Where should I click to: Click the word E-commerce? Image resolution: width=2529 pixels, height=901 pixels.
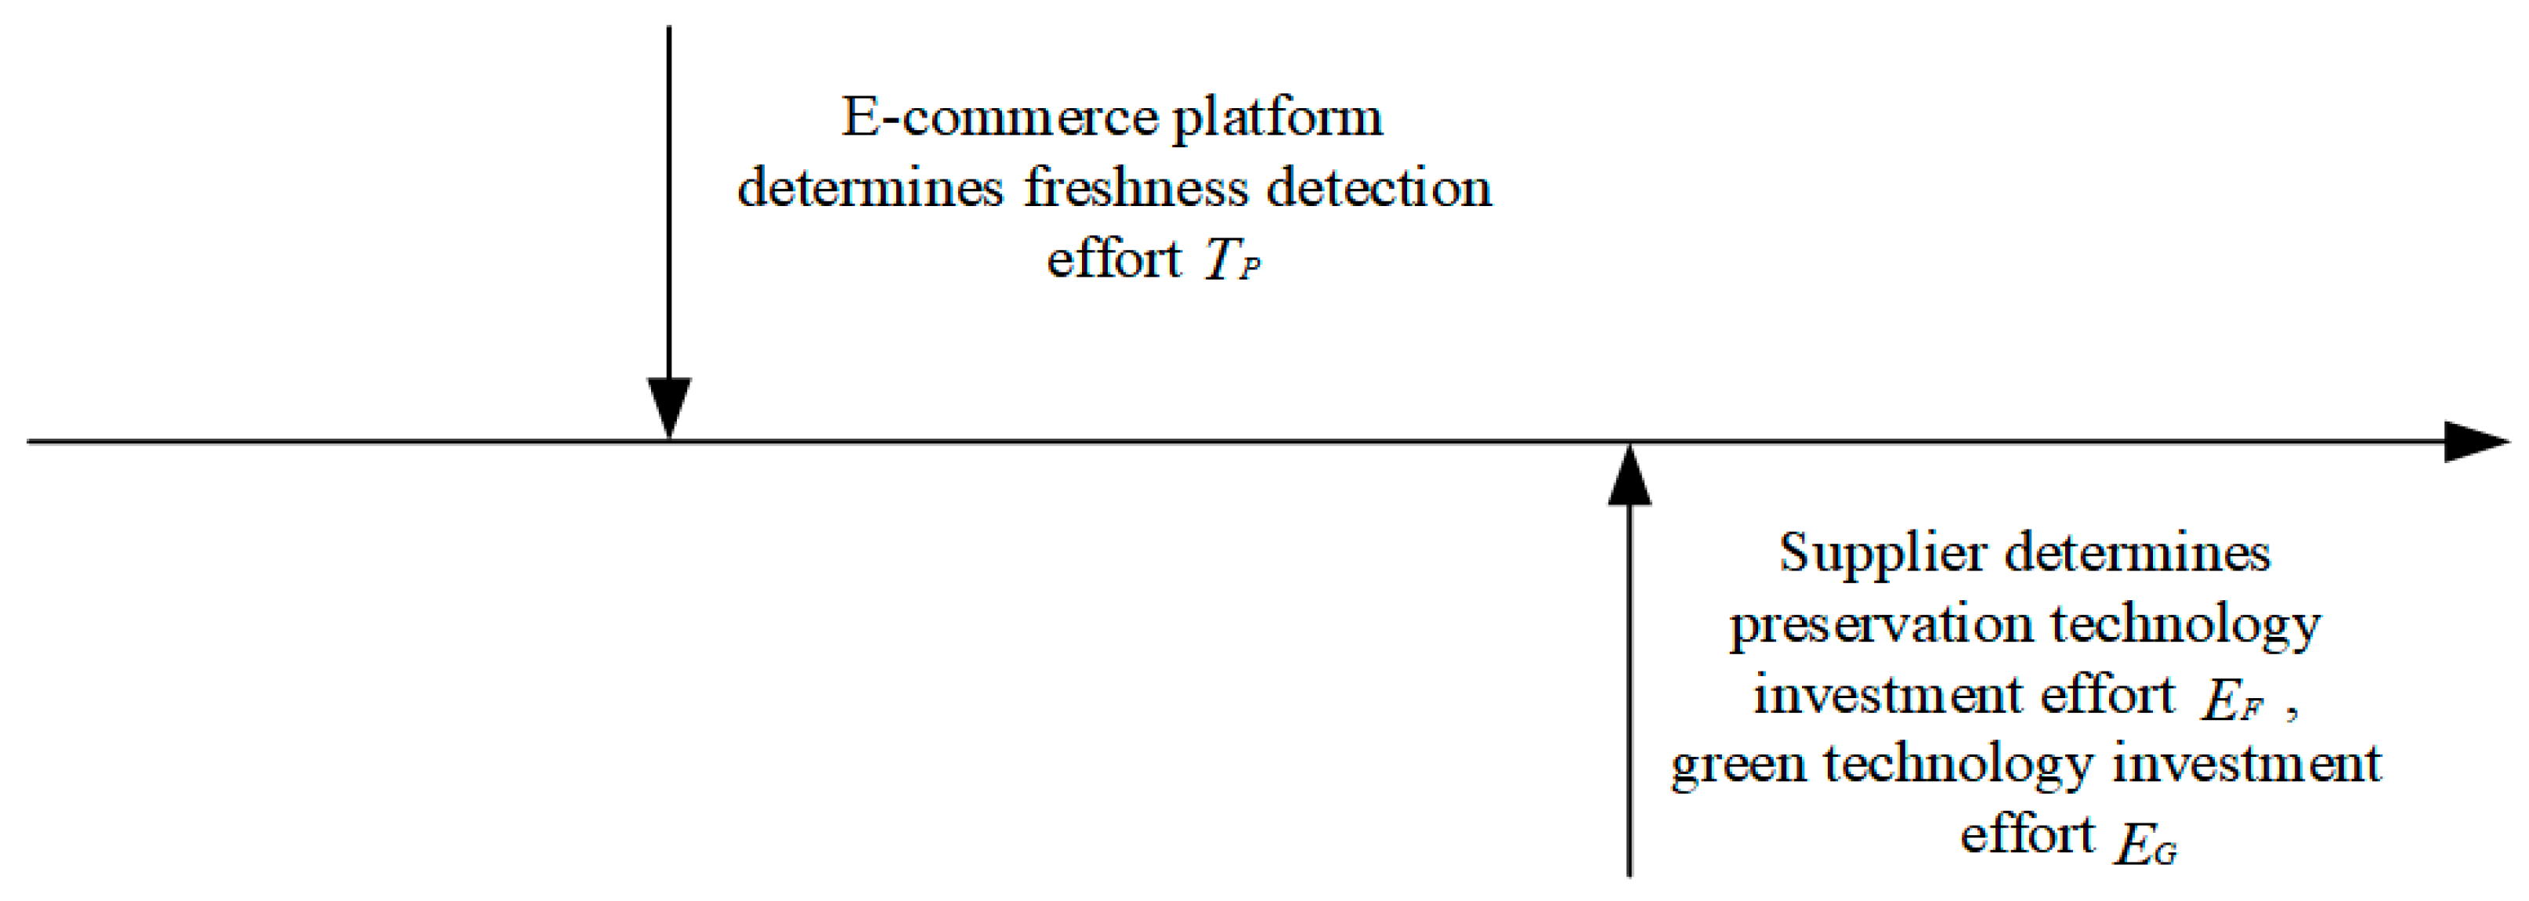[1000, 118]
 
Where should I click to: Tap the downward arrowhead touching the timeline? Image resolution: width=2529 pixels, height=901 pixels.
[668, 407]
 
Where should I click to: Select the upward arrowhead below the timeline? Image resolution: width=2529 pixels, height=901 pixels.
[1630, 477]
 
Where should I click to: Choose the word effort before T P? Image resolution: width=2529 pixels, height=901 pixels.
[1113, 259]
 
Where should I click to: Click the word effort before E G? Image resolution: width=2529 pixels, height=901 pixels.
[2028, 835]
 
